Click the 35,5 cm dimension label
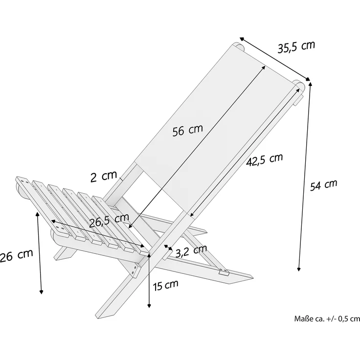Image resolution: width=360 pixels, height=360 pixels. tap(296, 47)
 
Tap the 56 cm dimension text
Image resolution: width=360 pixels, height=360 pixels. tap(187, 130)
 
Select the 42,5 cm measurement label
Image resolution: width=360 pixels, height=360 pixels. tap(264, 160)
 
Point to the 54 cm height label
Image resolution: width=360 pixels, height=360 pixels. tap(324, 185)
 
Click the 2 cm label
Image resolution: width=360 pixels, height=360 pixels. tap(104, 176)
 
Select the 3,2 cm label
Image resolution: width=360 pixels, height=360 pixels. tap(191, 251)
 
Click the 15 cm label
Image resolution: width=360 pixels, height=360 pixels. tap(165, 285)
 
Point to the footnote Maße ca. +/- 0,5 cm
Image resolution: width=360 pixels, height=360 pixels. tap(327, 318)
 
